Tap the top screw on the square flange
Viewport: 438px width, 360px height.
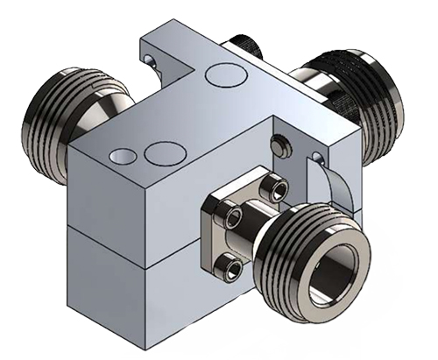(279, 187)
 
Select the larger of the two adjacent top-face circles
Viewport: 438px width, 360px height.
(160, 153)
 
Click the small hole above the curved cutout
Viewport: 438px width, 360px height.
(317, 158)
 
